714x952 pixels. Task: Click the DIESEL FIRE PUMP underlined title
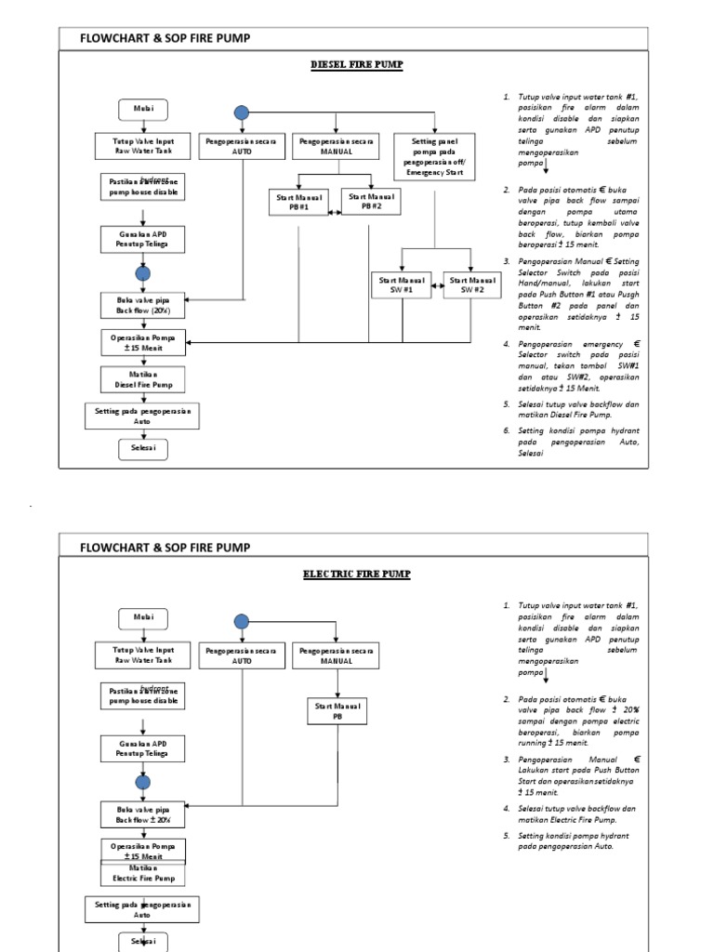(357, 64)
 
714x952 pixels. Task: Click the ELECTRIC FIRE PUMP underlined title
(356, 574)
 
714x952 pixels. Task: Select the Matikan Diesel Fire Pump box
(143, 378)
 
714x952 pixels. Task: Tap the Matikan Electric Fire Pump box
(143, 873)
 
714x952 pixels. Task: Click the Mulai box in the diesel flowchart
(143, 109)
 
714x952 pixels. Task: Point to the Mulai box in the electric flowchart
(143, 618)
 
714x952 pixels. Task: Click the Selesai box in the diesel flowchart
(143, 450)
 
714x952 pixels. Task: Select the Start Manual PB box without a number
(337, 711)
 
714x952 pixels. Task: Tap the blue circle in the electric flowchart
(242, 622)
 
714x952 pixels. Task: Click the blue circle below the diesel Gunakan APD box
(142, 274)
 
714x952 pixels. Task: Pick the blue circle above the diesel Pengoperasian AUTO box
(242, 112)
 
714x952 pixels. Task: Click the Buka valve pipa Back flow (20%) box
(143, 304)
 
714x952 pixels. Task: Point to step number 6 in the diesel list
(507, 431)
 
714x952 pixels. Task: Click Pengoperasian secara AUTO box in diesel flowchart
(242, 146)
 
